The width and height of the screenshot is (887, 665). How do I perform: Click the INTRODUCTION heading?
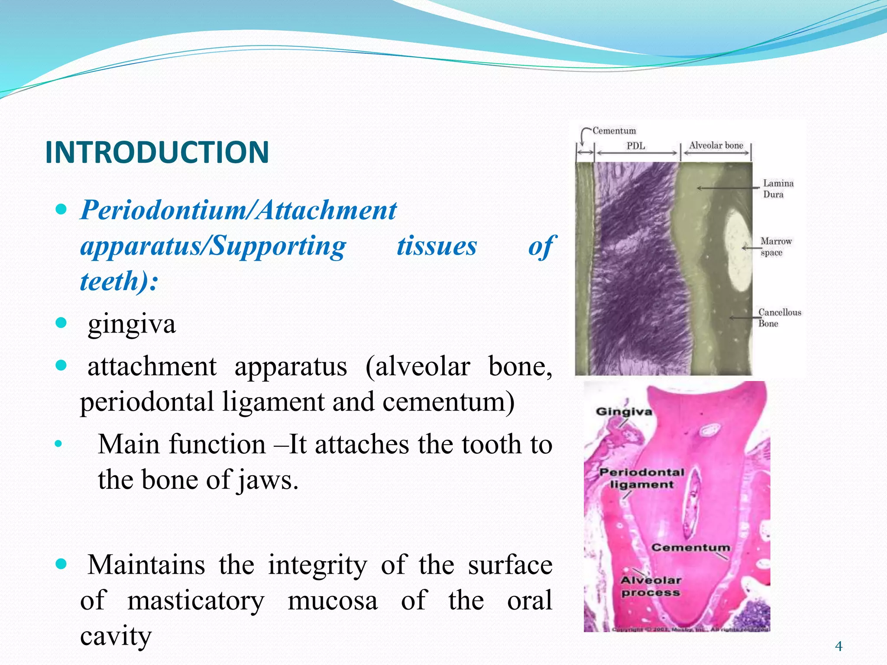[x=157, y=152]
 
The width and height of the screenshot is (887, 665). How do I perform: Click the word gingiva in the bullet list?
[x=132, y=324]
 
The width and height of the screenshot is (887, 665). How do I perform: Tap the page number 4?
[x=838, y=646]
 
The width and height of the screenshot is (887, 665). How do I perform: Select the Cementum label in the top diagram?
[x=614, y=131]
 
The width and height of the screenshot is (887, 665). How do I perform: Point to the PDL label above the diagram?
[x=635, y=146]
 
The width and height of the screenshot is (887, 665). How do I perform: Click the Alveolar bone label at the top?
[x=715, y=145]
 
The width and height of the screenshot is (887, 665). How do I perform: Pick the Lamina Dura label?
[x=778, y=189]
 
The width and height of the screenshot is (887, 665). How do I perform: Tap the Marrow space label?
[x=776, y=246]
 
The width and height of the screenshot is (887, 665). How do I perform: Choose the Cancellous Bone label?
[x=779, y=318]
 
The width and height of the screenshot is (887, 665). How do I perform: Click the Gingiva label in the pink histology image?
[x=624, y=411]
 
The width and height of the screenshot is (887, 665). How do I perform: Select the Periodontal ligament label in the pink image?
[x=641, y=478]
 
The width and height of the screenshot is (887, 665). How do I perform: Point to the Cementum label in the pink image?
[x=690, y=548]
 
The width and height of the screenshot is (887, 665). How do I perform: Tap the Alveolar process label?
[x=651, y=586]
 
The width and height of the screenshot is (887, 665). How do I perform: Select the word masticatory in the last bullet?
[x=196, y=601]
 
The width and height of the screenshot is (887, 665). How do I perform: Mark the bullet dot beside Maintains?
[x=62, y=564]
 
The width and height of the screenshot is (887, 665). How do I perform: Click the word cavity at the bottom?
[x=116, y=636]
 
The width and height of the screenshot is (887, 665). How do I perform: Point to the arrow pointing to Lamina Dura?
[x=728, y=188]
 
